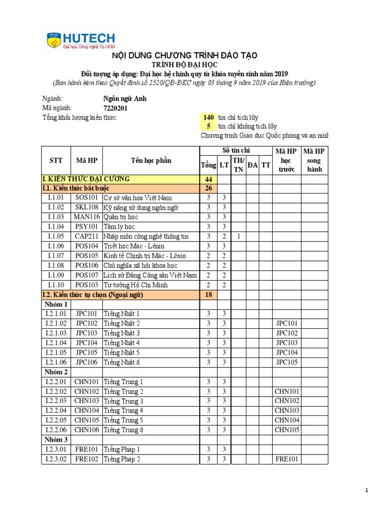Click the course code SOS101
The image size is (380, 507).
[87, 198]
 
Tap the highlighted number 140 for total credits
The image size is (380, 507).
[209, 117]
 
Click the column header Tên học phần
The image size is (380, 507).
[150, 160]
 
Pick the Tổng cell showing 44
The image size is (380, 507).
[208, 179]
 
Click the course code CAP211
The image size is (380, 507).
[87, 237]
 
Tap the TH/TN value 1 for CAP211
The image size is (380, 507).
[238, 237]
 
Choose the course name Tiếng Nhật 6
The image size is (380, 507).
[122, 362]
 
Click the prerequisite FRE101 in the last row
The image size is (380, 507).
[286, 459]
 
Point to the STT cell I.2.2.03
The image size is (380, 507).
[56, 401]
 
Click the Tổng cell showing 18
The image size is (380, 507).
[208, 295]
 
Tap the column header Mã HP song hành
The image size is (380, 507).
[314, 160]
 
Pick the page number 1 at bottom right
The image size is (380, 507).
[367, 490]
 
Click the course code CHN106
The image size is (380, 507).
[87, 430]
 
